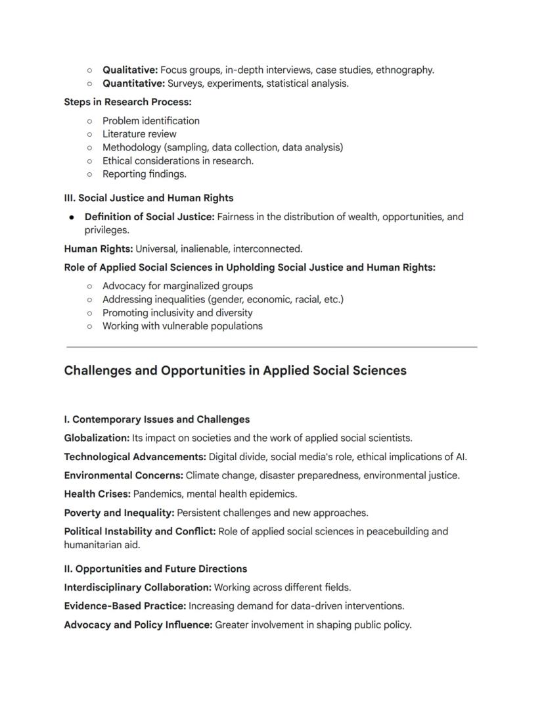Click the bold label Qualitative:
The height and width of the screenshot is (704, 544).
[130, 70]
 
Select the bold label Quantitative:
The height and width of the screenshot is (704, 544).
[133, 83]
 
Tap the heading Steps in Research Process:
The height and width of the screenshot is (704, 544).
[127, 102]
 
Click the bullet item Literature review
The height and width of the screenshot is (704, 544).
[139, 134]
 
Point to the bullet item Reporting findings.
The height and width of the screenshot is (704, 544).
[145, 174]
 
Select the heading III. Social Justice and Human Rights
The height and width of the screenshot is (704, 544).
[148, 198]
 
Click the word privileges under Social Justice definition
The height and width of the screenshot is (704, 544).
[106, 230]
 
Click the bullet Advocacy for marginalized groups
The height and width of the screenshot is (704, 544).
[177, 286]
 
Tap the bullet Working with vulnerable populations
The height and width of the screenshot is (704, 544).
[182, 326]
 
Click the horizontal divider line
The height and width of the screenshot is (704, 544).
[272, 346]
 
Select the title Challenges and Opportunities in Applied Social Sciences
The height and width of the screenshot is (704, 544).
[235, 371]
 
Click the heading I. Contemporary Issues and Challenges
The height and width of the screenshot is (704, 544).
[156, 419]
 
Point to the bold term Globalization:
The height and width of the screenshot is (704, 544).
[97, 438]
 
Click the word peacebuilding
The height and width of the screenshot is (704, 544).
[395, 531]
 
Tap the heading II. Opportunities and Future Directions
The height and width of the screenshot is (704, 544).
[155, 569]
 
